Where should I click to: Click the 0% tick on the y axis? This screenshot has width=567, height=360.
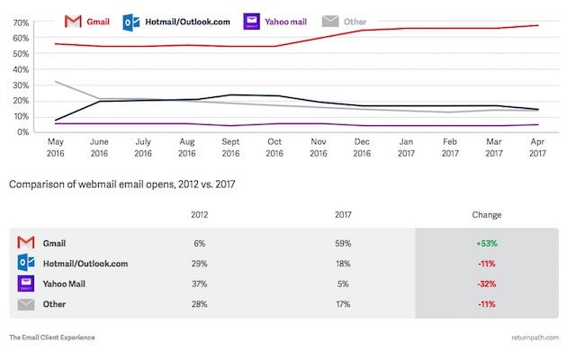tap(20, 132)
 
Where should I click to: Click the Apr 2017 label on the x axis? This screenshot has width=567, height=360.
tap(537, 147)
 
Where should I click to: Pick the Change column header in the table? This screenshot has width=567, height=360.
tap(486, 215)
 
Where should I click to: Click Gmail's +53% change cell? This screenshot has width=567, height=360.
tap(486, 243)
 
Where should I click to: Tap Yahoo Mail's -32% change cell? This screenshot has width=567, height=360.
tap(486, 283)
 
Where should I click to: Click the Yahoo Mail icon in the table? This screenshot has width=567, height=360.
tap(27, 283)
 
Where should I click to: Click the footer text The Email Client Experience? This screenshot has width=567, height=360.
tap(51, 337)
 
